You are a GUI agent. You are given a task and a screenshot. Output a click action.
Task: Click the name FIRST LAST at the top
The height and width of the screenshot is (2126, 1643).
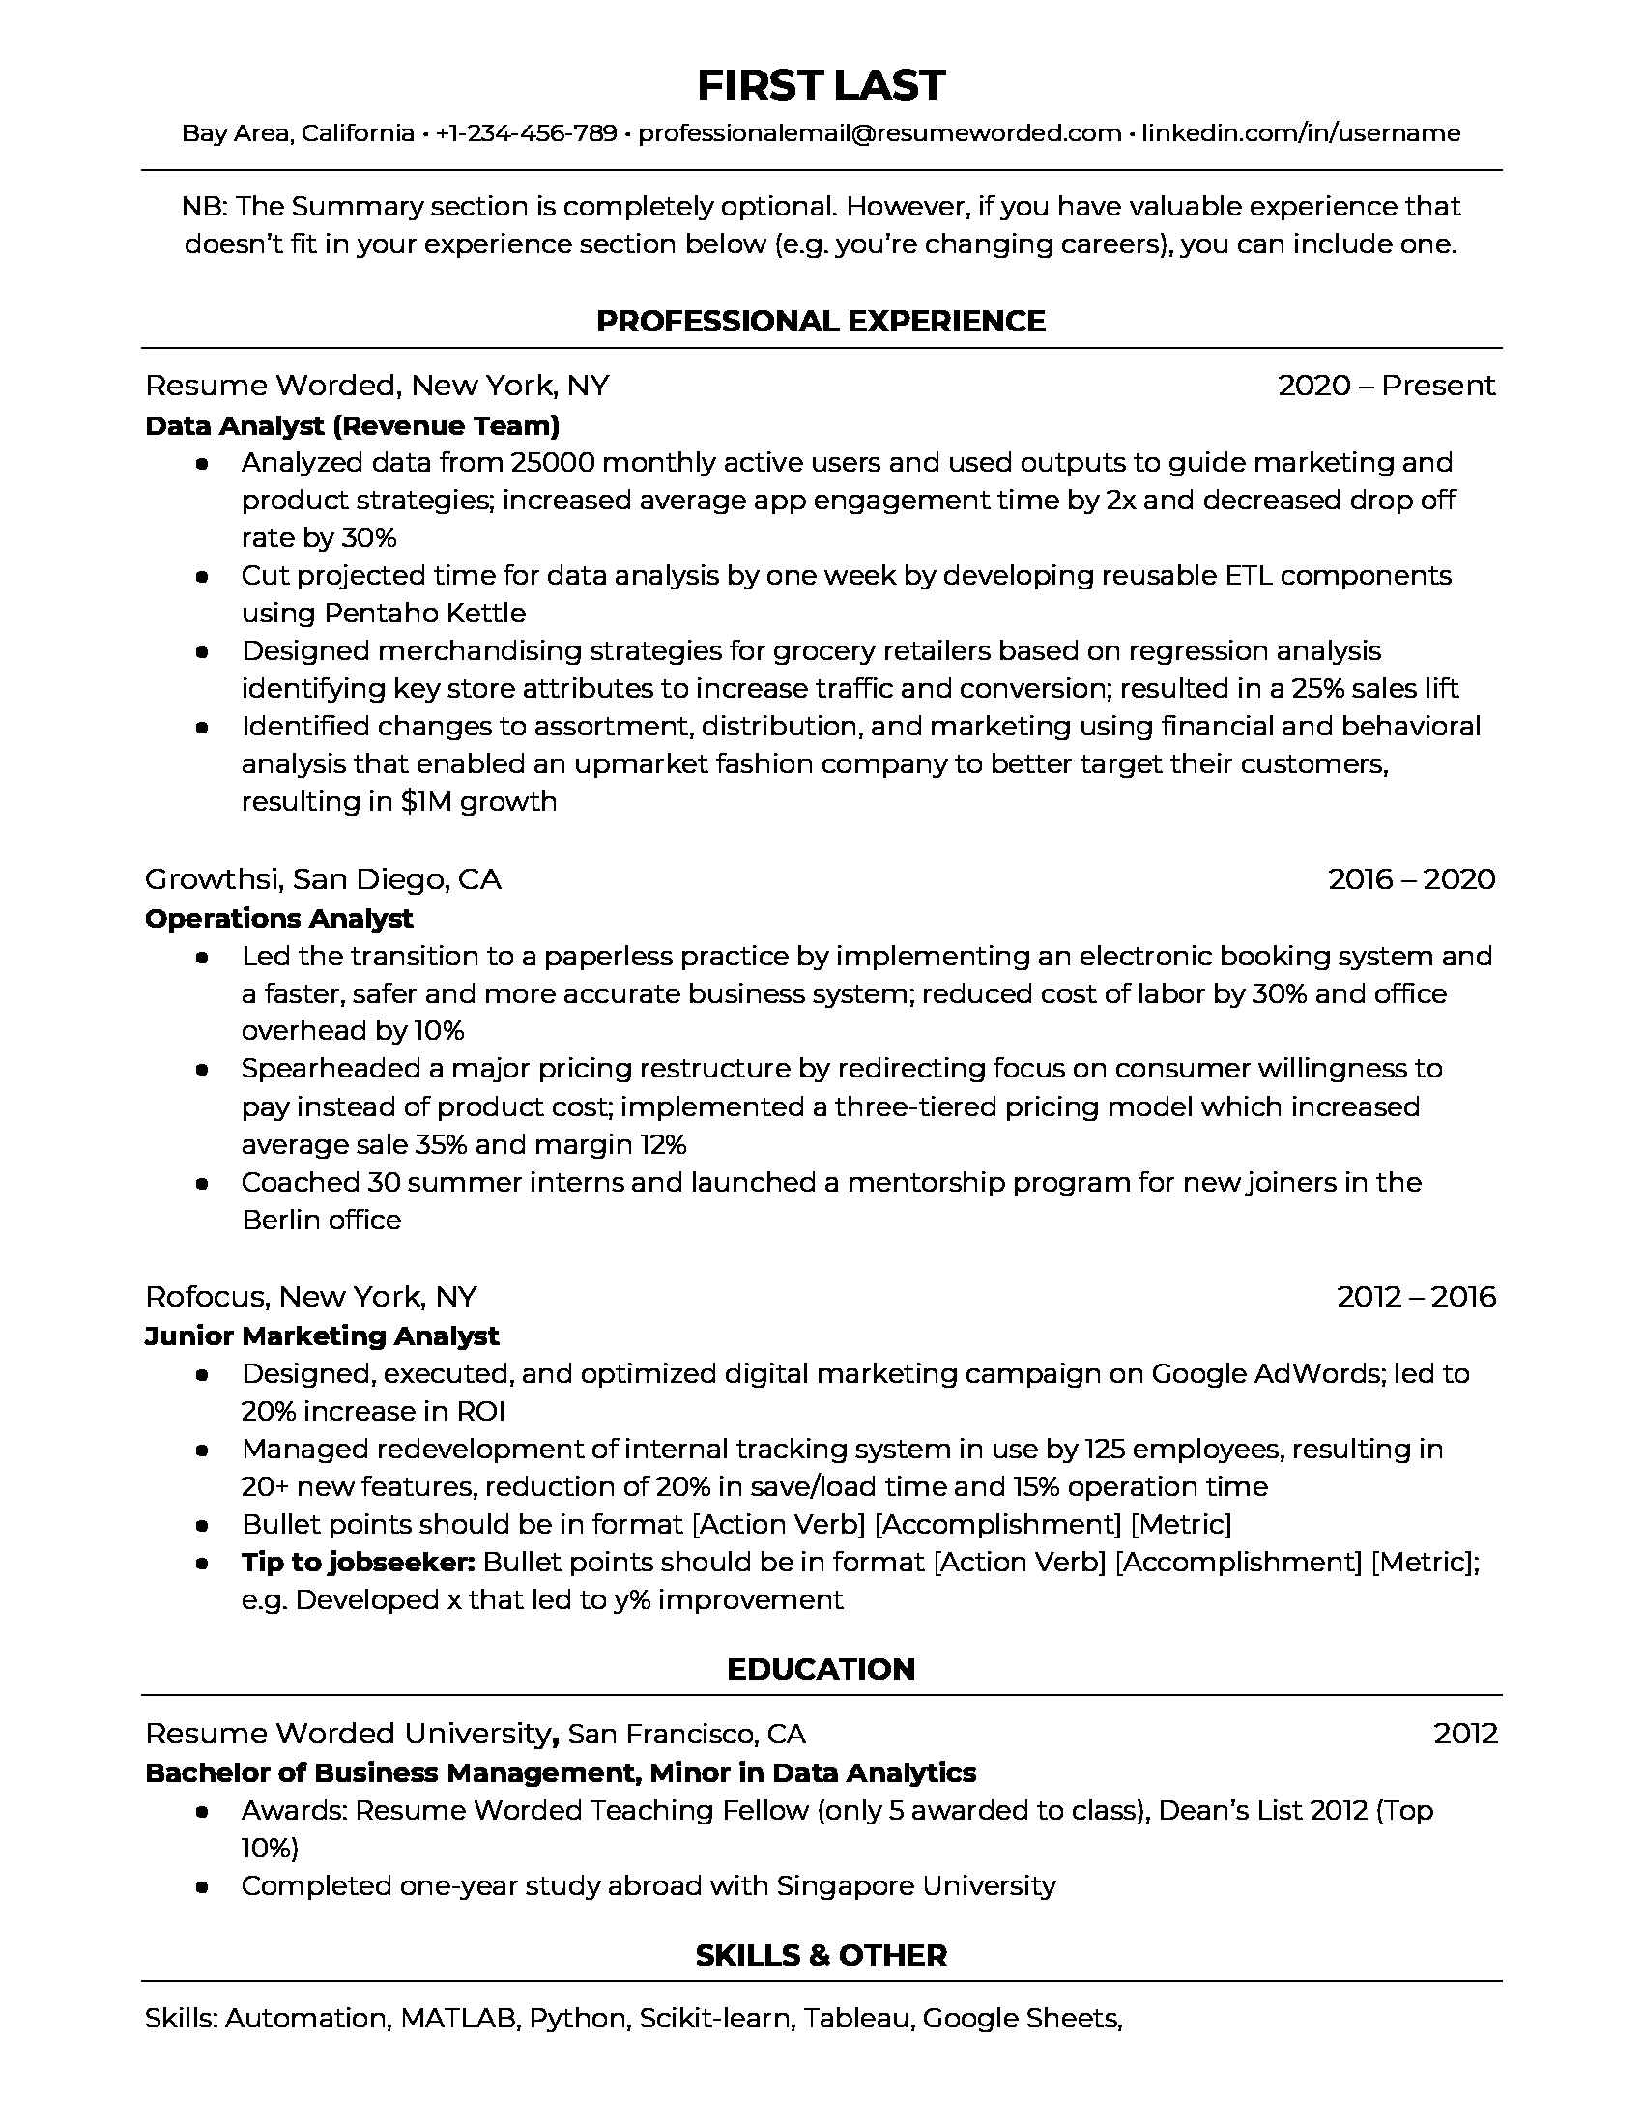(x=821, y=86)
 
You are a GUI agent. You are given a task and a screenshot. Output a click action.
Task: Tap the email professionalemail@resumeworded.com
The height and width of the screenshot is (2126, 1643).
(x=879, y=133)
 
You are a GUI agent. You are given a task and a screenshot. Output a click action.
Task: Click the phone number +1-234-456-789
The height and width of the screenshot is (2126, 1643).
(x=526, y=133)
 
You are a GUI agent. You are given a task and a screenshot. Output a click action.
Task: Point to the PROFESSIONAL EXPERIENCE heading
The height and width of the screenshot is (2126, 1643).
(x=821, y=321)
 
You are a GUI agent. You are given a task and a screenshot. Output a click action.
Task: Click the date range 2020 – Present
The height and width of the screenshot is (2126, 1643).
(x=1385, y=386)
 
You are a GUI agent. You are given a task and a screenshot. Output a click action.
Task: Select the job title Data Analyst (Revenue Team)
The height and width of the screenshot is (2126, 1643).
(x=353, y=425)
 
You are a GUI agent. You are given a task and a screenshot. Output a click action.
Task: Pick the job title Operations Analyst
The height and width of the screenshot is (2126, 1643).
(x=279, y=918)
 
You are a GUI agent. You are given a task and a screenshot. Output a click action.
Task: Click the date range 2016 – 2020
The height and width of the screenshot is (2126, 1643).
(x=1410, y=879)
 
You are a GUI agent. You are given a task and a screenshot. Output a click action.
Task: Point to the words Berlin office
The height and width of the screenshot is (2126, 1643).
(x=321, y=1220)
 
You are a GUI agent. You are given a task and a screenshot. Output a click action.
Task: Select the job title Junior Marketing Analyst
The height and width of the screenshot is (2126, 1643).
(x=321, y=1336)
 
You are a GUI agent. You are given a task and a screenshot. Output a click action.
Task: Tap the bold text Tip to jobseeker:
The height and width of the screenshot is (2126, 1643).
(x=358, y=1563)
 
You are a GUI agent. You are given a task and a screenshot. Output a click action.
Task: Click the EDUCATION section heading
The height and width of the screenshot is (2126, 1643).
(x=821, y=1670)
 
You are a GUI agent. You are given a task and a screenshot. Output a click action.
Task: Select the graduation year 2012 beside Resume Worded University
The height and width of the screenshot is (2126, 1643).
(x=1465, y=1734)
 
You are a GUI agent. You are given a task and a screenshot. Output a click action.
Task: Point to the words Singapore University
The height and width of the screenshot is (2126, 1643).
(x=915, y=1885)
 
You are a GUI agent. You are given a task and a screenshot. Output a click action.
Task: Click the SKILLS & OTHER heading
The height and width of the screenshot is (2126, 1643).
(x=821, y=1955)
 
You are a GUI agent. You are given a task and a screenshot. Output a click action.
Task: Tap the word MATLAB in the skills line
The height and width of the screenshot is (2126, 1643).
(x=457, y=2019)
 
